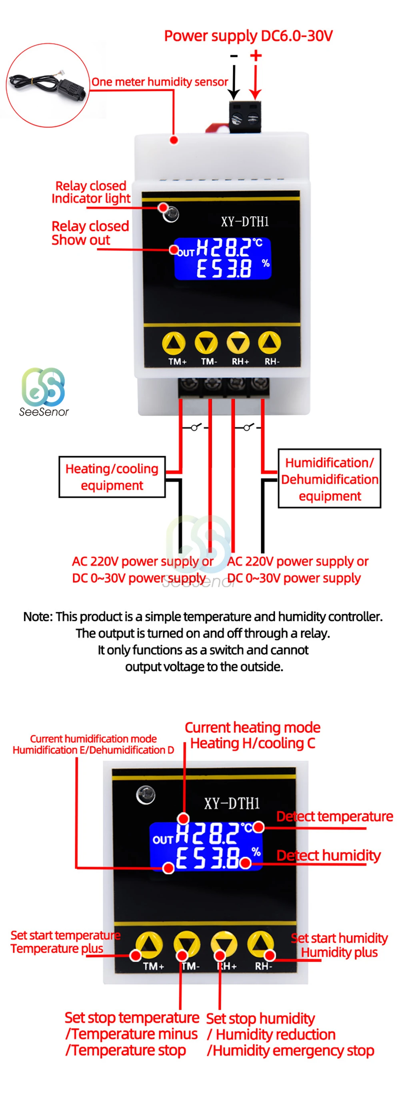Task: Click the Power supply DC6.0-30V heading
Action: pos(248,36)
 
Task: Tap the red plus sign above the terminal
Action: pos(255,56)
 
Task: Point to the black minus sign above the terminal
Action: pos(234,56)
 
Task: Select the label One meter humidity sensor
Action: pos(160,82)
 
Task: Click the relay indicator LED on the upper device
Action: pos(172,214)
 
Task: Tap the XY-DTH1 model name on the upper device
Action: pos(245,221)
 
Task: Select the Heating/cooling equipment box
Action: pos(112,476)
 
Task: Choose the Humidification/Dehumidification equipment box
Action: pos(329,479)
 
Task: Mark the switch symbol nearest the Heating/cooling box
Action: pos(195,427)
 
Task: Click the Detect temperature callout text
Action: pos(334,816)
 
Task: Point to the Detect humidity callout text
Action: pos(328,855)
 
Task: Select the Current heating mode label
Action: pos(252,727)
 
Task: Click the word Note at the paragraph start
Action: pos(38,616)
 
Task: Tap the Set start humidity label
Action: pos(339,938)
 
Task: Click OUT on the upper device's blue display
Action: pos(186,253)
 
